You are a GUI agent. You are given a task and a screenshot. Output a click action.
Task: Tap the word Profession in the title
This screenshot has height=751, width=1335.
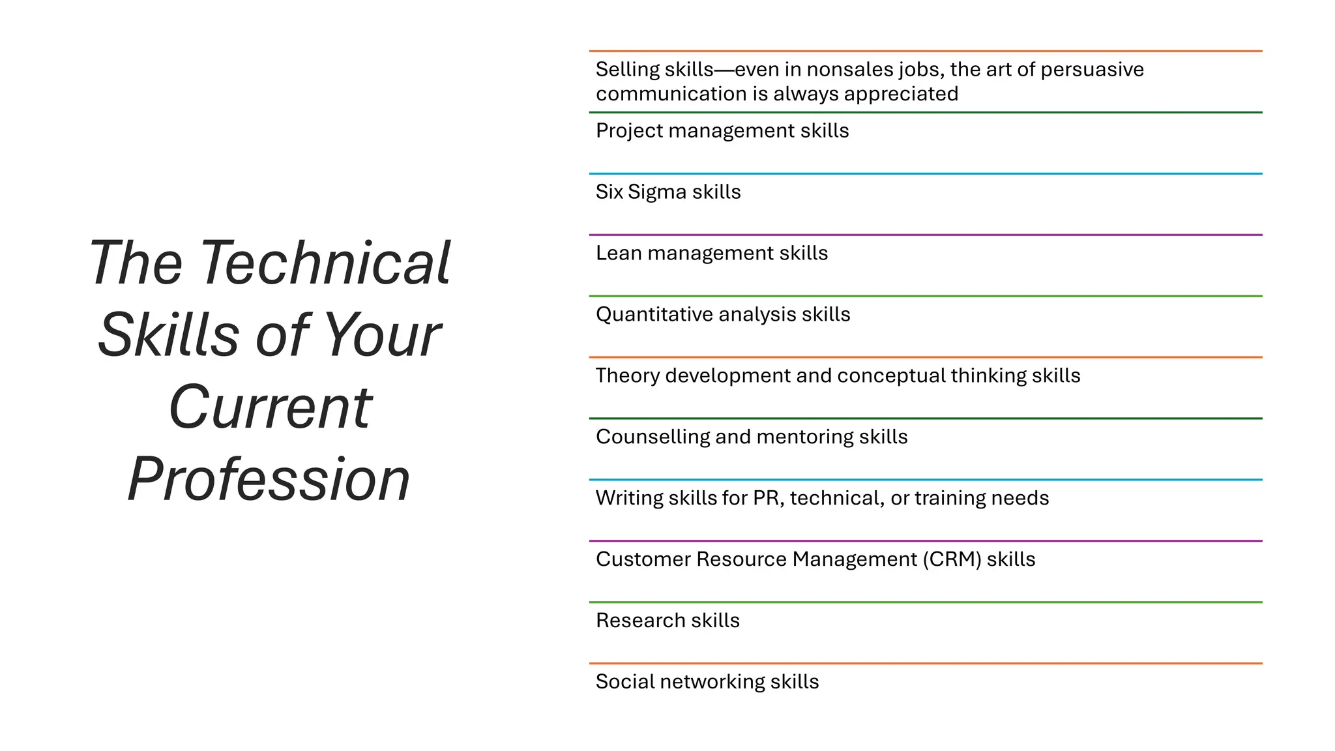(269, 480)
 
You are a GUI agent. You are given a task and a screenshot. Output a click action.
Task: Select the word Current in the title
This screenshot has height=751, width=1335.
(270, 407)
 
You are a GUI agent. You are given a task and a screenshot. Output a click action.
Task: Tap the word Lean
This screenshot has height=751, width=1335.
(618, 253)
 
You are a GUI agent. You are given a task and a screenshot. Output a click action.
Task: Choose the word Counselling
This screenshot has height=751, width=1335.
(653, 437)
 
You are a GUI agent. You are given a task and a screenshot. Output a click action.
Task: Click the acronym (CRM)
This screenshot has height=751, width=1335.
(952, 559)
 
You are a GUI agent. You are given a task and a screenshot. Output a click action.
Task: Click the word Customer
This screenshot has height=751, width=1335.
(643, 559)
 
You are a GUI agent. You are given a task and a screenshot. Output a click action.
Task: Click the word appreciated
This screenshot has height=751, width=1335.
(901, 95)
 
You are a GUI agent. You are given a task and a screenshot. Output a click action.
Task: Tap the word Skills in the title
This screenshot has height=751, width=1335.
(168, 335)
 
